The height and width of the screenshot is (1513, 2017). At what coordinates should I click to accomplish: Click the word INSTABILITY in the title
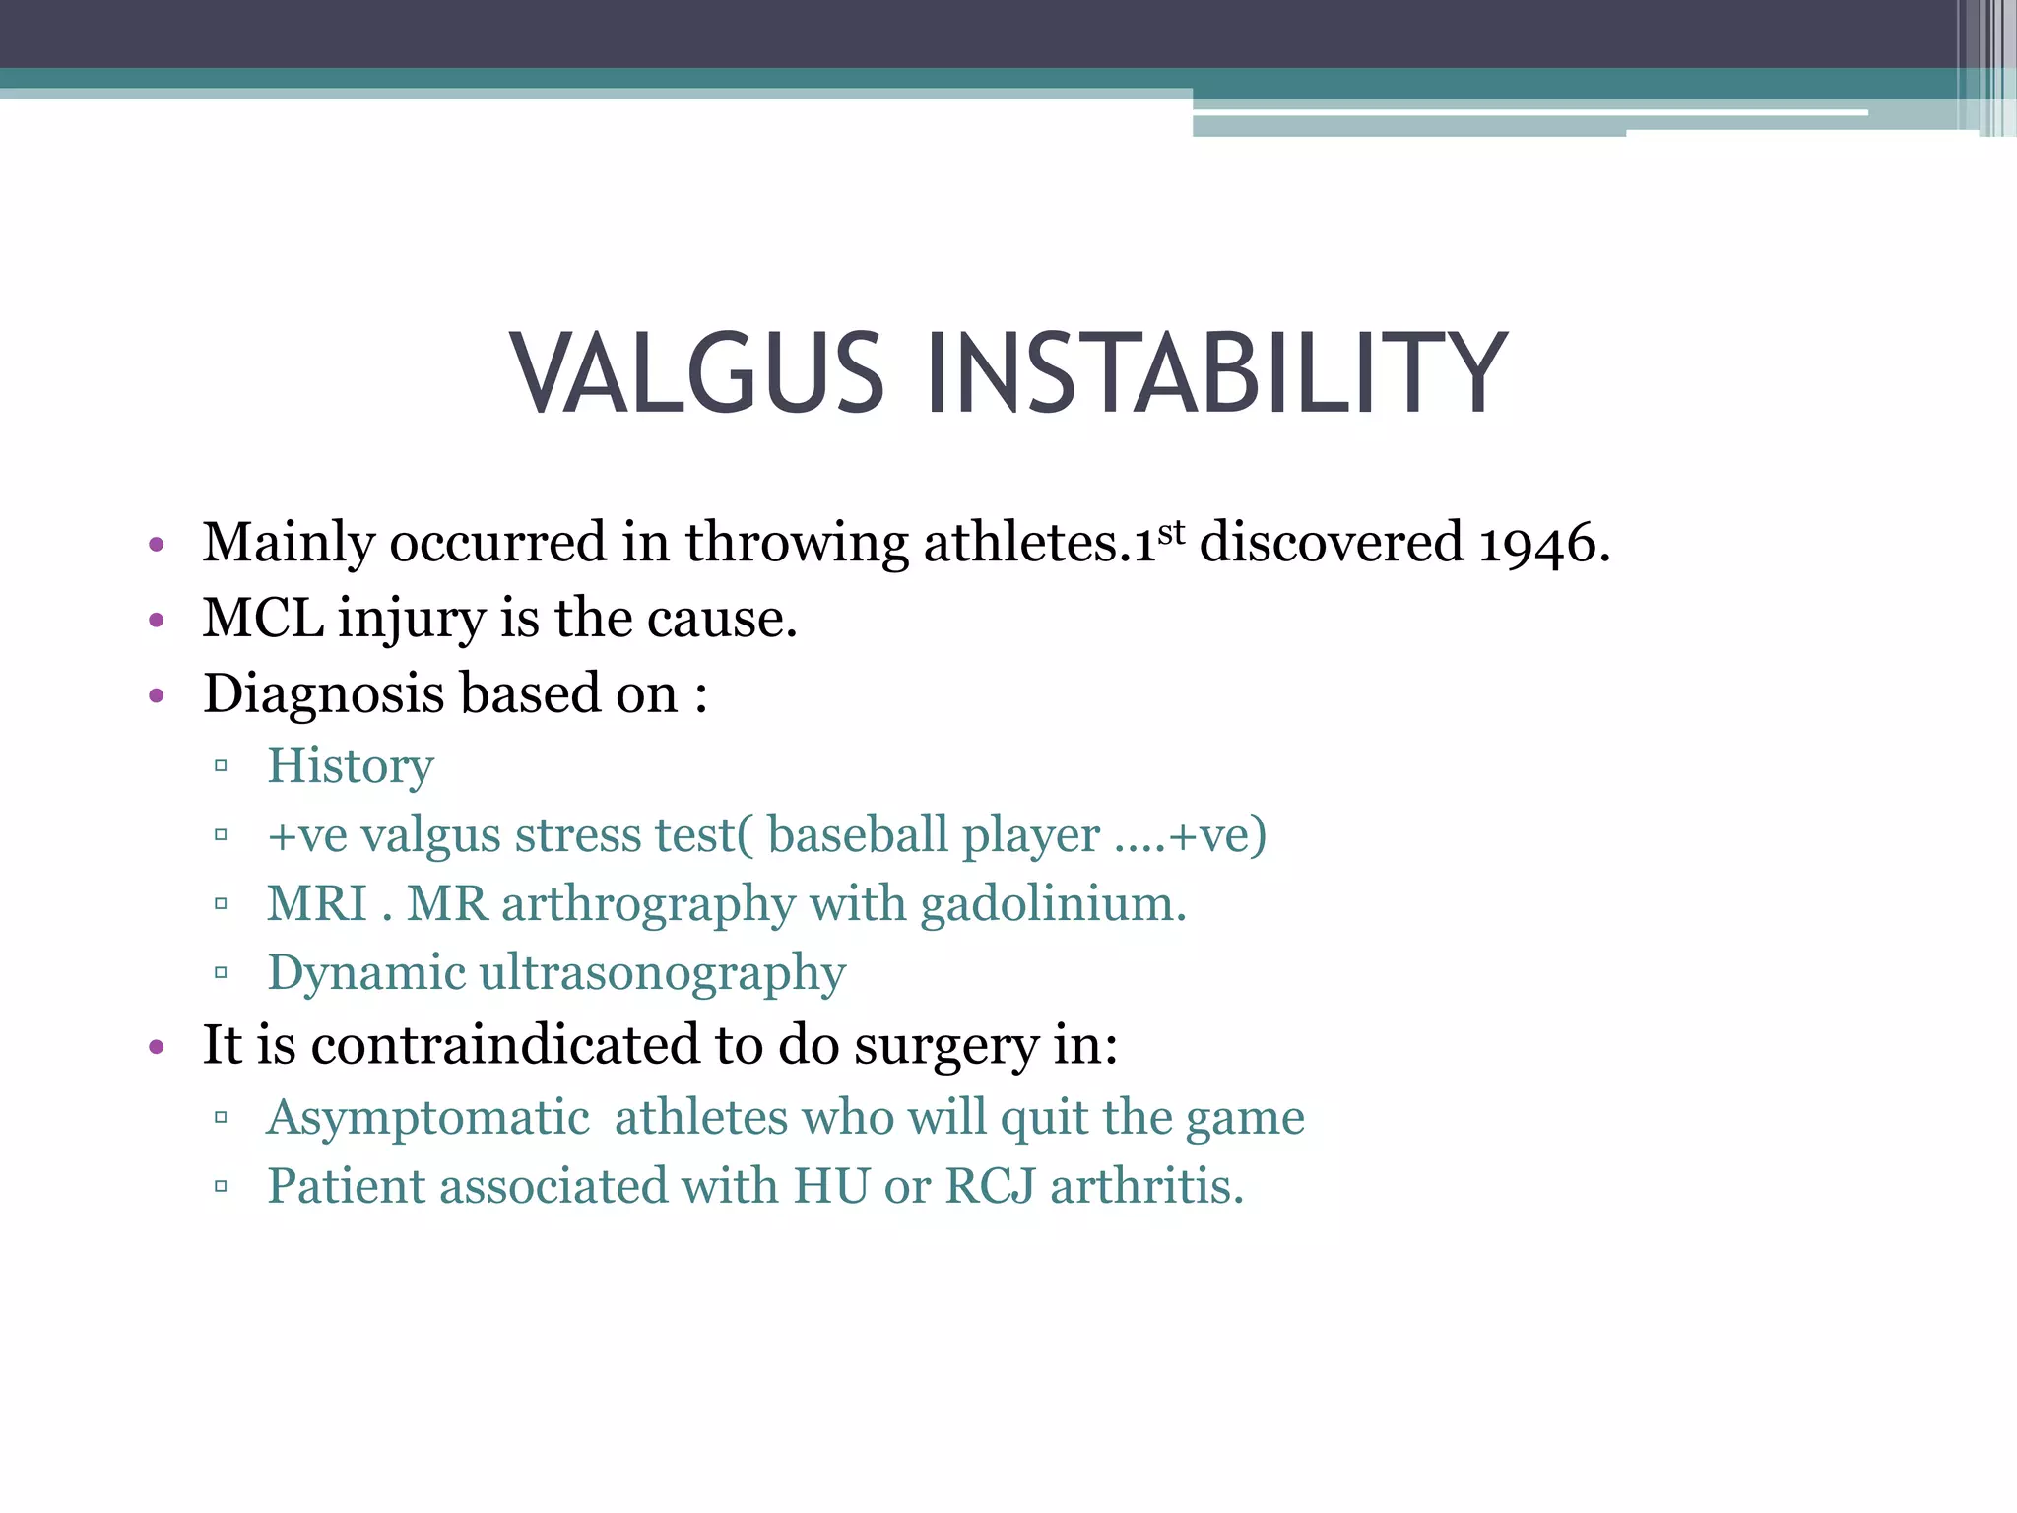click(x=1215, y=374)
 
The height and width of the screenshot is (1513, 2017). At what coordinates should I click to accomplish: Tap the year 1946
click(x=1542, y=543)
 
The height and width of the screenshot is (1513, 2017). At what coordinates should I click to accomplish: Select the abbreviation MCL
click(x=263, y=619)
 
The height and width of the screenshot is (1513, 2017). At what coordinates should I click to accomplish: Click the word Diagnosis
click(x=324, y=694)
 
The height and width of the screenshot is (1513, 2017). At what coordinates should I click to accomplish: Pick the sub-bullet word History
click(x=350, y=766)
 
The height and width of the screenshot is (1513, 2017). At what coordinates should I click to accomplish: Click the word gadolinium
click(x=1052, y=904)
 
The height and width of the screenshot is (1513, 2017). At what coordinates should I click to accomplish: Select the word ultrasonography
click(x=662, y=973)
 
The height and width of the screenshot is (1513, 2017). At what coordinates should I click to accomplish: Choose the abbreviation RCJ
click(x=990, y=1186)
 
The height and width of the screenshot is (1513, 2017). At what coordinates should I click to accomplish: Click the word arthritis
click(x=1146, y=1186)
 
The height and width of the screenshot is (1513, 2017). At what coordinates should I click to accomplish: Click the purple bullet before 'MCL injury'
click(x=156, y=621)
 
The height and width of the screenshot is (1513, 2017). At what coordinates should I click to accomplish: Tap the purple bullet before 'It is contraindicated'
click(x=156, y=1047)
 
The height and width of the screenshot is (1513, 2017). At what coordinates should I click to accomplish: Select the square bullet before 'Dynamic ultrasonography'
click(x=221, y=973)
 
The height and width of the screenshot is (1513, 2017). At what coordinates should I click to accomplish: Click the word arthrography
click(x=648, y=904)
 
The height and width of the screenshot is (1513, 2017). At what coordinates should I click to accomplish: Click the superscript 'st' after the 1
click(x=1171, y=532)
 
